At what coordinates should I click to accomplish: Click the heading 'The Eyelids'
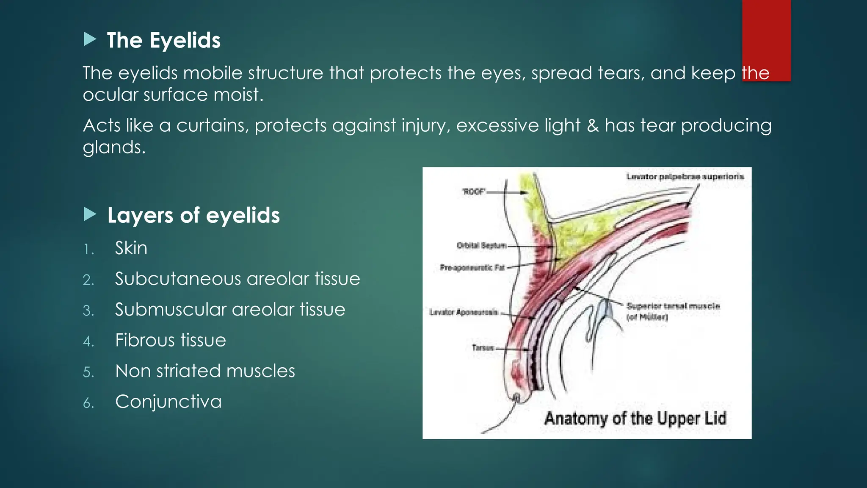163,41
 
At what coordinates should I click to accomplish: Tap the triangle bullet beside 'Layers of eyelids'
90,214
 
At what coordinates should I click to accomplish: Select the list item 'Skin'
131,248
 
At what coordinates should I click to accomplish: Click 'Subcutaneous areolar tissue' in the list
237,279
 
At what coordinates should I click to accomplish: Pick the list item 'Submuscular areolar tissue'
230,310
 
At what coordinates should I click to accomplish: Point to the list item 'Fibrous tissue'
171,341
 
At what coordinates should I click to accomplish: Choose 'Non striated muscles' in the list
205,371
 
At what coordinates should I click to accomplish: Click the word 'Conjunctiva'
168,402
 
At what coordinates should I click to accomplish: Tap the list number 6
88,403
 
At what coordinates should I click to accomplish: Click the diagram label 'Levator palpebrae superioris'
685,177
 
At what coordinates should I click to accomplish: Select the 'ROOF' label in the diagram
474,192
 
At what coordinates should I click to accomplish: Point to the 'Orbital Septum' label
481,246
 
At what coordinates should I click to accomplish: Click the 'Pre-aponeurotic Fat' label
472,268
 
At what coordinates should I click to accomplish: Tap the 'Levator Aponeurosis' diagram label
464,313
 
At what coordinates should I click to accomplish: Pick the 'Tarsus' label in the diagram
483,348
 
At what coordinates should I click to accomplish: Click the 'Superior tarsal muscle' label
673,306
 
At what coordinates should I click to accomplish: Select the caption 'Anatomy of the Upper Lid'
635,419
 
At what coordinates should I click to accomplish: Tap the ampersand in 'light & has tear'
593,126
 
